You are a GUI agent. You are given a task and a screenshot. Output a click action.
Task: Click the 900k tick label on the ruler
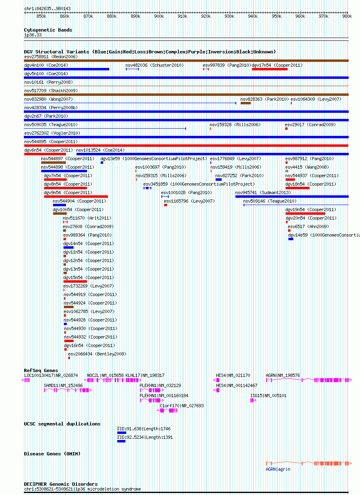click(159, 16)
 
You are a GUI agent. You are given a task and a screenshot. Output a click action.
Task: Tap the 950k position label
click(276, 16)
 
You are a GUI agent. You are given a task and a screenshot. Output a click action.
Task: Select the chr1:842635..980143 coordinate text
click(47, 8)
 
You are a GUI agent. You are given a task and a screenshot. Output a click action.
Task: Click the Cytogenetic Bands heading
click(48, 30)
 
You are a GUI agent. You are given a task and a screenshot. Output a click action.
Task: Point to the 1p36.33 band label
click(33, 35)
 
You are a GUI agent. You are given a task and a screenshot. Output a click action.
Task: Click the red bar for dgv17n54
click(270, 69)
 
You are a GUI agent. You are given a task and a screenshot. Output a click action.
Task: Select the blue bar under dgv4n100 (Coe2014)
click(66, 69)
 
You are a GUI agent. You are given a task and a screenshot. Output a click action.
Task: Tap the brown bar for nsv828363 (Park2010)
click(246, 103)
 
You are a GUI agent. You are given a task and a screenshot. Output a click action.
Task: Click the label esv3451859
click(155, 184)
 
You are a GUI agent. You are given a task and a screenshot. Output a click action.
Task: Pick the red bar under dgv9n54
click(76, 197)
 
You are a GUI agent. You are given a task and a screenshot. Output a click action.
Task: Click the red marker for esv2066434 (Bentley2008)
click(69, 358)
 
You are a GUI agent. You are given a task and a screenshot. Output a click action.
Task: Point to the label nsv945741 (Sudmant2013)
click(263, 192)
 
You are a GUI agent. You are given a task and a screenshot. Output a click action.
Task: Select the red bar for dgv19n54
click(305, 214)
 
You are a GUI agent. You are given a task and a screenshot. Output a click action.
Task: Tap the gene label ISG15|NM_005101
click(268, 396)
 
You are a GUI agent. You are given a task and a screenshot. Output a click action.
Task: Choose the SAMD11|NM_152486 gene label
click(63, 385)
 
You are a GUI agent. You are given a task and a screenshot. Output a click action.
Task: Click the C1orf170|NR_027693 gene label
click(182, 406)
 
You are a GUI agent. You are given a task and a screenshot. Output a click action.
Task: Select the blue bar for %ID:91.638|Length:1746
click(121, 433)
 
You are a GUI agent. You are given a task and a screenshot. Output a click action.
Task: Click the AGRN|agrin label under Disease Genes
click(278, 469)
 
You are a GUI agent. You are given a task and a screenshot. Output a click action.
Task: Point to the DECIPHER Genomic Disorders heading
click(61, 484)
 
